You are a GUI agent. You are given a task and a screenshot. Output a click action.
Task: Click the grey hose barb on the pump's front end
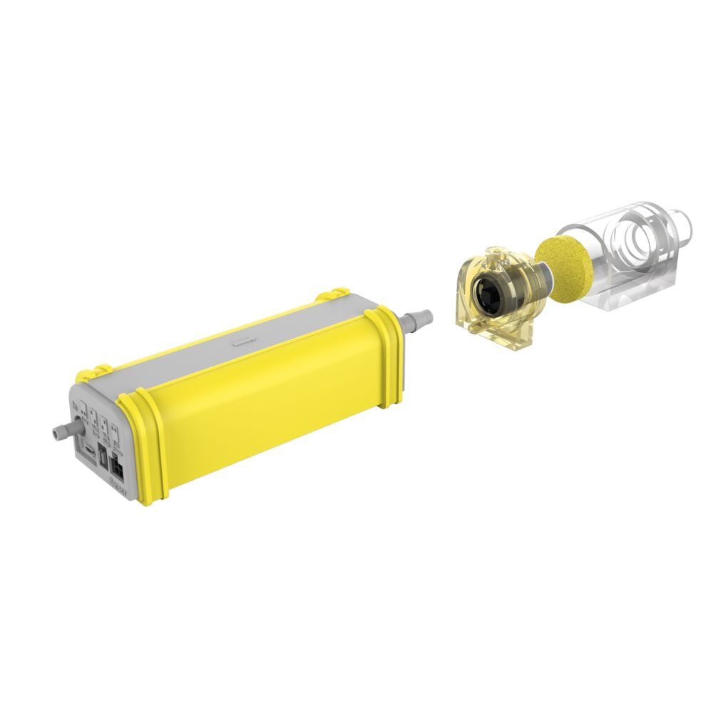[62, 430]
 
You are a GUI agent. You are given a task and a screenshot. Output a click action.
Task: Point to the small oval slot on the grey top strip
[242, 342]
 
